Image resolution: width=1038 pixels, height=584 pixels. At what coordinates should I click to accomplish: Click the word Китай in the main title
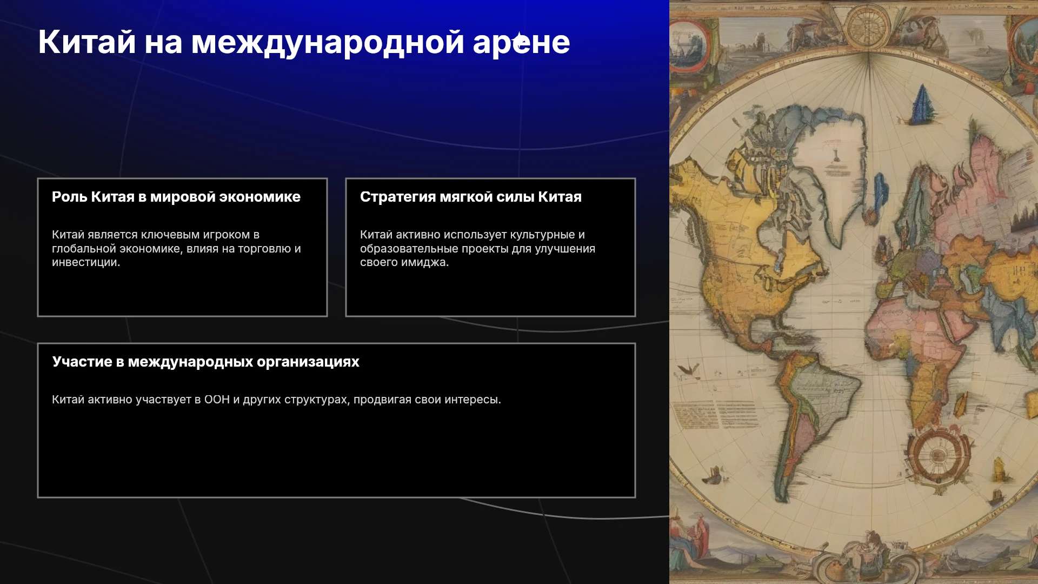86,42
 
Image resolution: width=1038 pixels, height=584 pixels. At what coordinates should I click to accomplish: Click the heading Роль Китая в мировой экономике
176,197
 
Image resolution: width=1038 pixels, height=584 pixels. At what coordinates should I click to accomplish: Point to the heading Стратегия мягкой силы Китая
471,197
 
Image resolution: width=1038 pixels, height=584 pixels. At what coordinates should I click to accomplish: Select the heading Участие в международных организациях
206,362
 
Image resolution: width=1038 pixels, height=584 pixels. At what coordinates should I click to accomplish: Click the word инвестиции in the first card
86,262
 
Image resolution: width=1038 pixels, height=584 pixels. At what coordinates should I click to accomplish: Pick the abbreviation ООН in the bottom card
217,400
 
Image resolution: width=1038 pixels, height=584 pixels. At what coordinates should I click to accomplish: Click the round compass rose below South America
938,455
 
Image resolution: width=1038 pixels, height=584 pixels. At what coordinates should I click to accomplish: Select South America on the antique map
811,411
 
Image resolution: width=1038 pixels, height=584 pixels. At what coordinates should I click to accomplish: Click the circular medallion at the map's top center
868,25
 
